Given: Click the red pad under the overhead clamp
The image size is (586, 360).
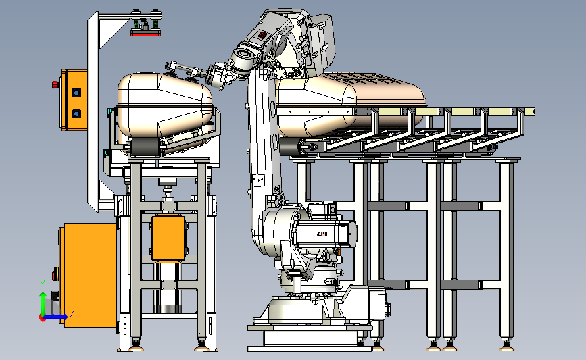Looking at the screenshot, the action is pos(146,34).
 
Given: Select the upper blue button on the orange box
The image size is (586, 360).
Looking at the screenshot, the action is pos(76,93).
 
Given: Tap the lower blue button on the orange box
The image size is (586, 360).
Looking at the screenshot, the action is pos(76,113).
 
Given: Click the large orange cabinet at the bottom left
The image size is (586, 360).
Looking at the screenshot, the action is pos(90,275).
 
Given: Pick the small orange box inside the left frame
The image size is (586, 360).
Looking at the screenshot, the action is pos(168,238).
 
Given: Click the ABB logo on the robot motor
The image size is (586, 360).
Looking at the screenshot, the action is pos(322,234).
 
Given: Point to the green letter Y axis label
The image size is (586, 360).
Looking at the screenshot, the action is pos(43,284).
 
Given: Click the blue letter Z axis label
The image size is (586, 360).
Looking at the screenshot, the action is pos(72,313).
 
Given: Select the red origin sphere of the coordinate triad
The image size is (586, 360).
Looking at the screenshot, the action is pos(43,318).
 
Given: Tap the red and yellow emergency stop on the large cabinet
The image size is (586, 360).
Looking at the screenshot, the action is pos(55,274).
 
